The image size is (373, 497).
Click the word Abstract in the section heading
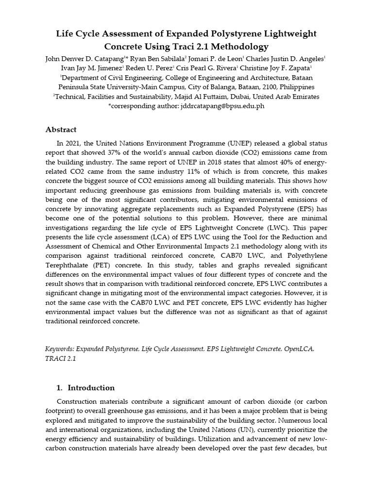[61, 130]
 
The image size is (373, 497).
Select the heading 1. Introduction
[85, 388]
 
